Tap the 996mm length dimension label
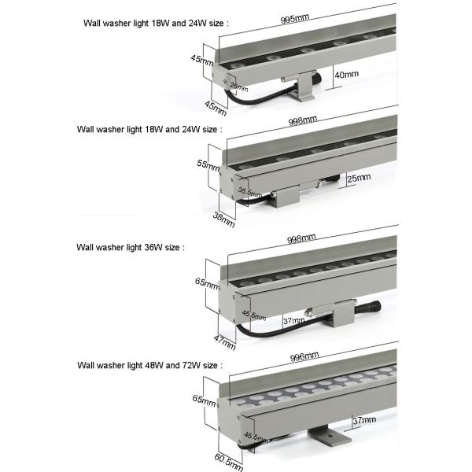click(x=303, y=356)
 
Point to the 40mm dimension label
click(x=346, y=75)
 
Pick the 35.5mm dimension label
click(x=250, y=190)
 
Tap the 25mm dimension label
click(x=359, y=178)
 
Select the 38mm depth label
click(x=223, y=218)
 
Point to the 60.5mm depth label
click(x=224, y=459)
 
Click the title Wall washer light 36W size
click(x=130, y=246)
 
